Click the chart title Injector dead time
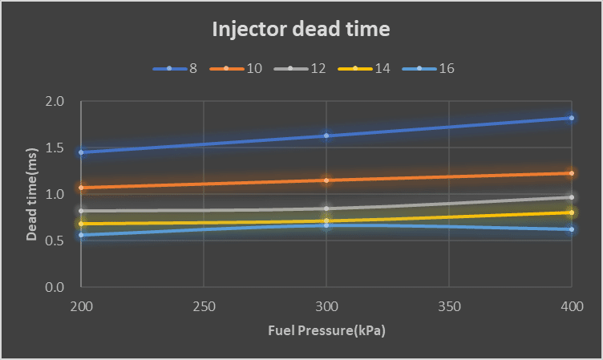tap(301, 30)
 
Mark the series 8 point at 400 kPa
tap(571, 118)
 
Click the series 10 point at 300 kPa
tap(326, 180)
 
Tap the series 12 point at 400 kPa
tap(571, 197)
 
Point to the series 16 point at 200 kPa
tap(81, 235)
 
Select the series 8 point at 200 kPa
tap(81, 152)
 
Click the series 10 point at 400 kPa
tap(571, 173)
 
